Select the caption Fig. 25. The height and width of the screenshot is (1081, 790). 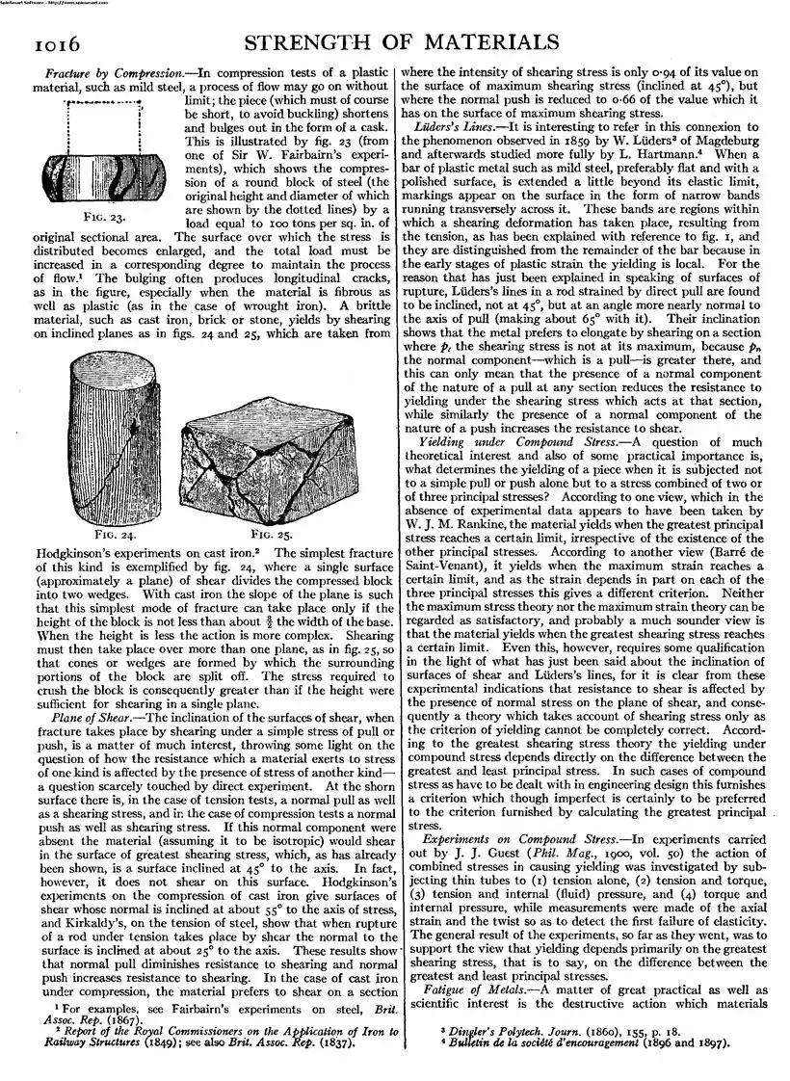(272, 531)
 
